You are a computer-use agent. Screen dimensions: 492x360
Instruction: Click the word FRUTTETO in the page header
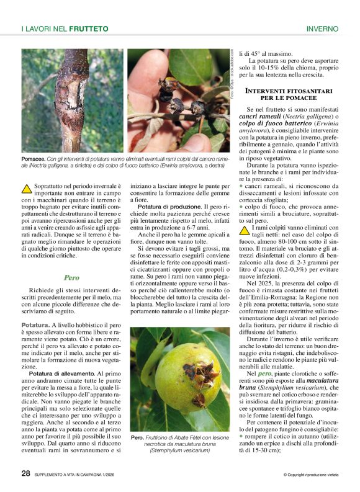pos(89,29)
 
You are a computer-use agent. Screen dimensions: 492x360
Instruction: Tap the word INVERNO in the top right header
pos(322,29)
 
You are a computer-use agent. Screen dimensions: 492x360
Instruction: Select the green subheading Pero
pos(71,278)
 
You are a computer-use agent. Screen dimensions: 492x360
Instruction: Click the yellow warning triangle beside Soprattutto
pos(27,187)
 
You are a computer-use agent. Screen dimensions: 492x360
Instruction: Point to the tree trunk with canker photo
pos(73,101)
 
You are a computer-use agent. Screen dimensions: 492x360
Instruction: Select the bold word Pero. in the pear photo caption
pos(137,437)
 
